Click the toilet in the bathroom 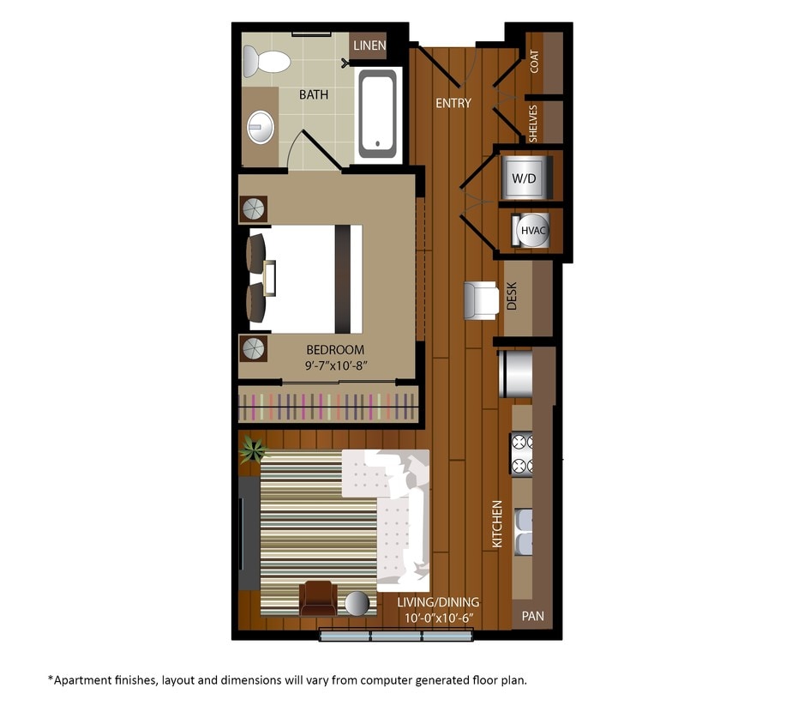[267, 62]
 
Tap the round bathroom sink [261, 127]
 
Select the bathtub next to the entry [378, 115]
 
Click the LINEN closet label [369, 45]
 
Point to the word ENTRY [453, 104]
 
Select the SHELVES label [533, 123]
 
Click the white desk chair [481, 300]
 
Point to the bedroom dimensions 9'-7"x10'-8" [335, 365]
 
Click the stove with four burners [521, 453]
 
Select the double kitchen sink [523, 532]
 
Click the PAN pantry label [532, 616]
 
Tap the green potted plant [252, 448]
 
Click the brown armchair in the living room [318, 598]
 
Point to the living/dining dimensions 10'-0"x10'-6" [438, 618]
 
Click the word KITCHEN [497, 524]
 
